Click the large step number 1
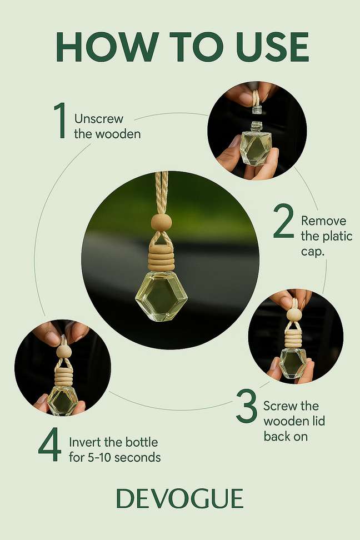61,120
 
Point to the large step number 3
247,406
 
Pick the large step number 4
50,444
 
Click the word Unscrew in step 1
98,119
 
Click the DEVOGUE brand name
180,498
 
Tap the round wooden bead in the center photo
162,222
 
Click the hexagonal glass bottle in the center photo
161,296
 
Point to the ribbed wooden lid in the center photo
162,258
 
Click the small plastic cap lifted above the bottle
257,109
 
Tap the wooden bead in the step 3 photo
294,314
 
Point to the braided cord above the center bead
162,193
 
